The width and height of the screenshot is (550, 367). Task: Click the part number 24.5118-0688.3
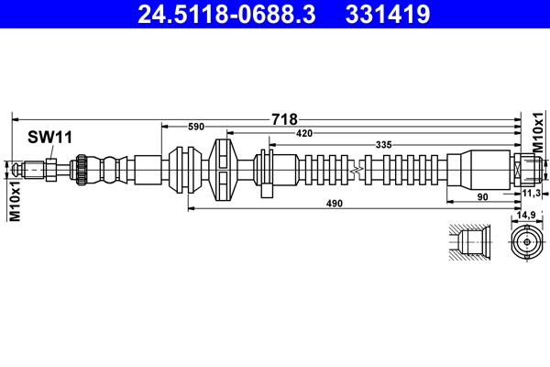click(x=224, y=15)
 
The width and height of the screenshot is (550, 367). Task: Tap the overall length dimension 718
click(x=284, y=119)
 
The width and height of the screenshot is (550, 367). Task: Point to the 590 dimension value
click(x=195, y=127)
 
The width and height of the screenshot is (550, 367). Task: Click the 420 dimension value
click(x=303, y=134)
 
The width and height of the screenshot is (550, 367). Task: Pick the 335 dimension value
click(x=385, y=144)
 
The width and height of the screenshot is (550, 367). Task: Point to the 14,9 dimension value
click(x=526, y=215)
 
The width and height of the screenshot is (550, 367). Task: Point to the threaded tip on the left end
click(x=32, y=170)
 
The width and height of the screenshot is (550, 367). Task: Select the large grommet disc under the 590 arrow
click(x=223, y=170)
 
